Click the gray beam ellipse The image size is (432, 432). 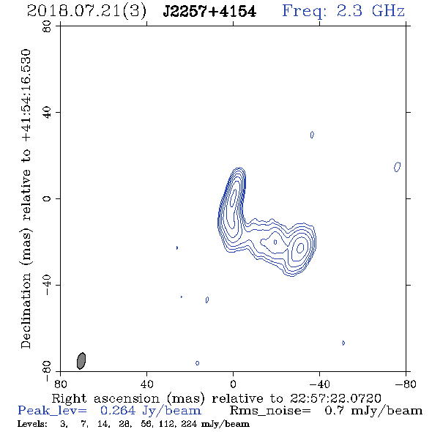click(81, 361)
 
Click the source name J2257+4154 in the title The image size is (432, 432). click(209, 12)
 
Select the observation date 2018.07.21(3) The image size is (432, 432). click(86, 12)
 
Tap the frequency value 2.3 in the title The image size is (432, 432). click(349, 11)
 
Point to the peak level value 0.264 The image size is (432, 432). click(118, 411)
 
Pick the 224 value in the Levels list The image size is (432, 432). click(189, 424)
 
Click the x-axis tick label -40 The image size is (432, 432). click(319, 384)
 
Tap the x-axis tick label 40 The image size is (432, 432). click(146, 384)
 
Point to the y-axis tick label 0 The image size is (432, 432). click(47, 198)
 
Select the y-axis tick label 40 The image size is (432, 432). click(47, 113)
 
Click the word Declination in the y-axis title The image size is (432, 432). click(26, 311)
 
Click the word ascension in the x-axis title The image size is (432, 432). click(127, 398)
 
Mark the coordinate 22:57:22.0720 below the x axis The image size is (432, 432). click(335, 398)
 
